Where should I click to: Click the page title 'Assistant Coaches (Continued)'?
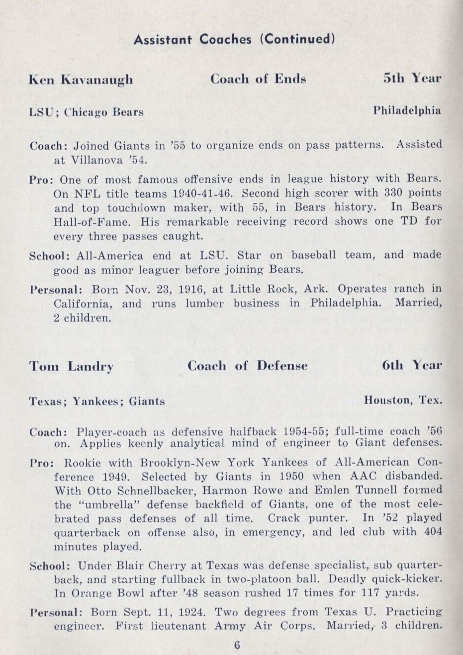tap(234, 39)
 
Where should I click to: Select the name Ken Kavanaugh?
tap(81, 80)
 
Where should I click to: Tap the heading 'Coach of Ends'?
tap(258, 79)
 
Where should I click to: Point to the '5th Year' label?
tap(412, 79)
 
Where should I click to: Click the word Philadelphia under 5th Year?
tap(407, 110)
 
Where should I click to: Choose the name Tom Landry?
tap(71, 367)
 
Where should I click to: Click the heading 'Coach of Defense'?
tap(247, 366)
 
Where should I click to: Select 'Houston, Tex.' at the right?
tap(403, 400)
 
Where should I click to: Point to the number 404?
tap(433, 532)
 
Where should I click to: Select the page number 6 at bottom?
tap(237, 645)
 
